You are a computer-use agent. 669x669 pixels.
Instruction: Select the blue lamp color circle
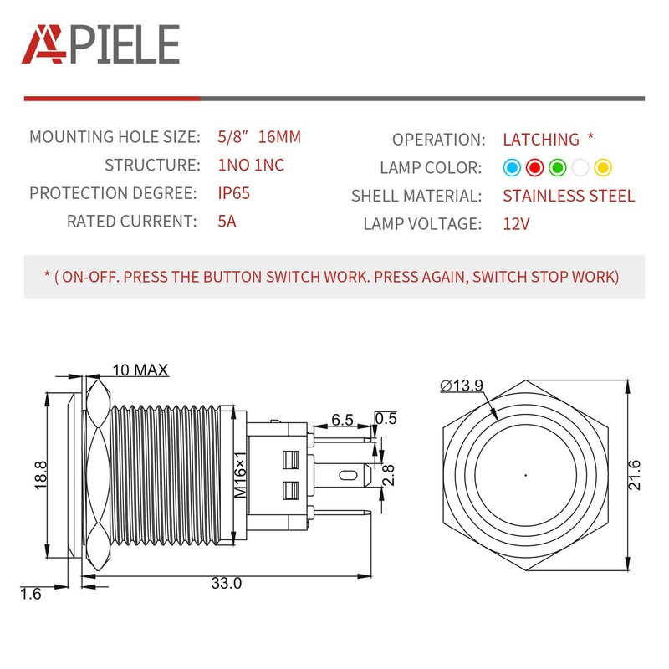pyautogui.click(x=512, y=167)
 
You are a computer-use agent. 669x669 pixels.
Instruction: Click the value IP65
pyautogui.click(x=233, y=193)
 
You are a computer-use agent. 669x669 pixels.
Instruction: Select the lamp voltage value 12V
pyautogui.click(x=517, y=223)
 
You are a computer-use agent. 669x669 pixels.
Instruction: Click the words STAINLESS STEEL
pyautogui.click(x=569, y=196)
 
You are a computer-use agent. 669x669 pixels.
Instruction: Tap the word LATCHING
pyautogui.click(x=541, y=140)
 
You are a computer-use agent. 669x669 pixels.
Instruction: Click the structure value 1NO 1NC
pyautogui.click(x=253, y=165)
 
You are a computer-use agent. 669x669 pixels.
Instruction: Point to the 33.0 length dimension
pyautogui.click(x=226, y=583)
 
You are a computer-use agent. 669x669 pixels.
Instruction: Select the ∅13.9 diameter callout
pyautogui.click(x=461, y=385)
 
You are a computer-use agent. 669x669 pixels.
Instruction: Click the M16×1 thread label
pyautogui.click(x=240, y=475)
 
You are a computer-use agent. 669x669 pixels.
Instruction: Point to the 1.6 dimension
pyautogui.click(x=31, y=595)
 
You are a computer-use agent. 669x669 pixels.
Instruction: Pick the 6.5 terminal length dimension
pyautogui.click(x=341, y=419)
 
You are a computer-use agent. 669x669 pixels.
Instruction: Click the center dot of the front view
pyautogui.click(x=525, y=475)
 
